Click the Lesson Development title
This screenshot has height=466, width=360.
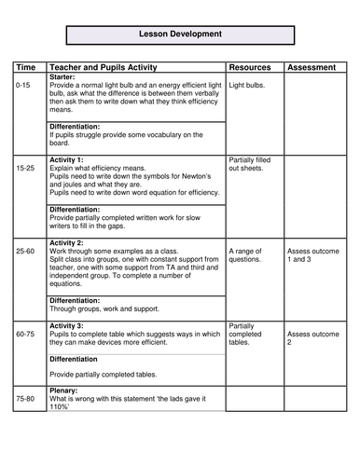point(180,34)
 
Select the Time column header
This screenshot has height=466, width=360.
point(26,68)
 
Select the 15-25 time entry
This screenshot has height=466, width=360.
point(26,168)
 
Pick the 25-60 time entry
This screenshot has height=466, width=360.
point(26,251)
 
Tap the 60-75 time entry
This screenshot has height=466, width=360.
point(26,333)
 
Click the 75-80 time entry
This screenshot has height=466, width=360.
point(26,398)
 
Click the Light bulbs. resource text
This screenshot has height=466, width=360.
point(247,85)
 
